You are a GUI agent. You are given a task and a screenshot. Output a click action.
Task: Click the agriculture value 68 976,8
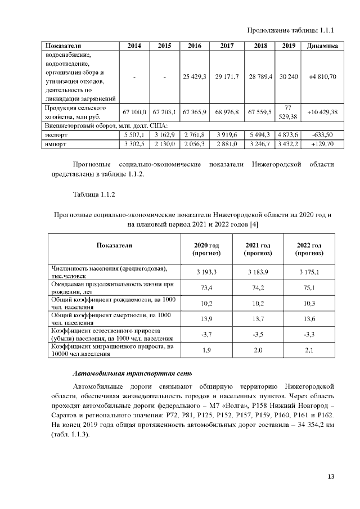227,112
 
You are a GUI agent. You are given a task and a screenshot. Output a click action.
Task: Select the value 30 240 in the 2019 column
289,76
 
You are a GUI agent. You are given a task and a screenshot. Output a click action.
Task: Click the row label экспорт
56,135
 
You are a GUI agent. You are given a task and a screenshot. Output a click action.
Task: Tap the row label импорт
56,144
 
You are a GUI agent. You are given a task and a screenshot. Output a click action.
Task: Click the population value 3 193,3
206,272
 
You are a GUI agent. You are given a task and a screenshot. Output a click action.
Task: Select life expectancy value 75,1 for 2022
309,288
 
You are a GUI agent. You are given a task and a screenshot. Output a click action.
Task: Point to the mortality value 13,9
206,319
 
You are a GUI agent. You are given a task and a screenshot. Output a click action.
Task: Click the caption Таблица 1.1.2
93,195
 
